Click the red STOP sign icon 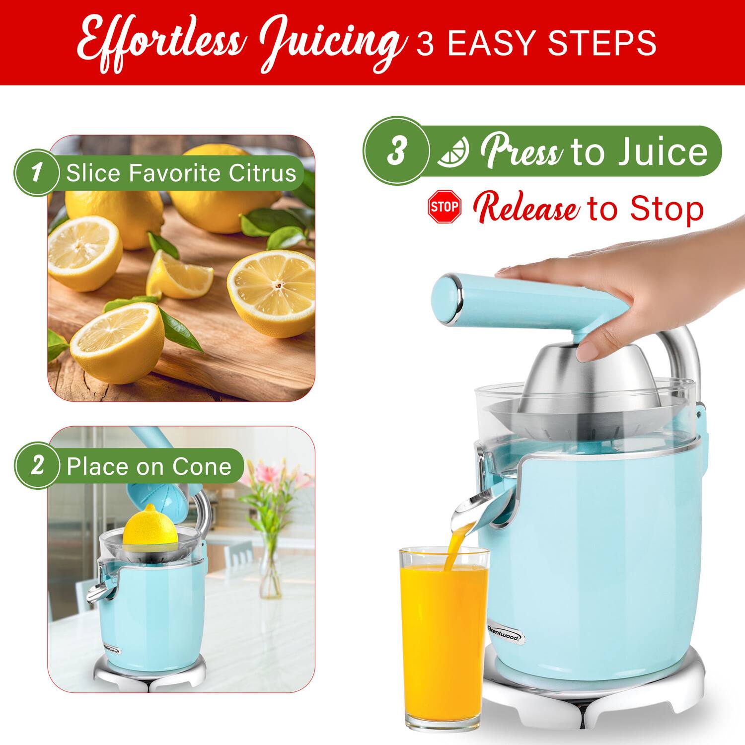(444, 206)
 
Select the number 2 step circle (37, 466)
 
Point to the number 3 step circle (396, 150)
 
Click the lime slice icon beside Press (453, 151)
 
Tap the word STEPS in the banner (602, 44)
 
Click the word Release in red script (526, 209)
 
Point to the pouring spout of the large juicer (469, 514)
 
